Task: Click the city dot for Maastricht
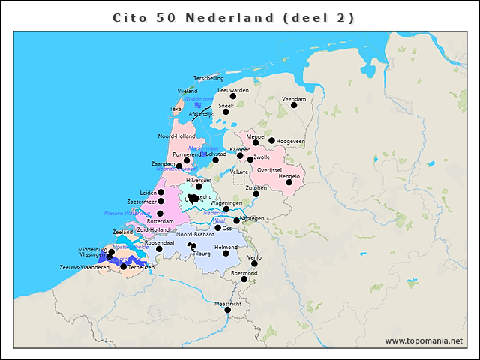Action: coord(228,310)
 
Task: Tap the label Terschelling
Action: coord(208,78)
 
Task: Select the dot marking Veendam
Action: coord(294,105)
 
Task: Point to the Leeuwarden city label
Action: coord(233,90)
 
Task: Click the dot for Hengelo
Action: coord(289,182)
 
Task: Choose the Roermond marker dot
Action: coord(244,279)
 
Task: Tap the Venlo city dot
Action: coord(255,263)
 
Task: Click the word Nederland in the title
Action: coord(234,17)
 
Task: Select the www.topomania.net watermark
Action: coord(424,340)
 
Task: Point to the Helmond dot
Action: coord(226,253)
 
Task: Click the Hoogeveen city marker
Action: coord(271,140)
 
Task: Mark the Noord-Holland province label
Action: coord(176,136)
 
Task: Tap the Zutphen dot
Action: coord(256,194)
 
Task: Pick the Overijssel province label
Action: coord(268,170)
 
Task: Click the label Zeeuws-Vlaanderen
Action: coord(85,267)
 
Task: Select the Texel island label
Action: coord(176,109)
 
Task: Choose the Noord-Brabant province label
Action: coord(195,235)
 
